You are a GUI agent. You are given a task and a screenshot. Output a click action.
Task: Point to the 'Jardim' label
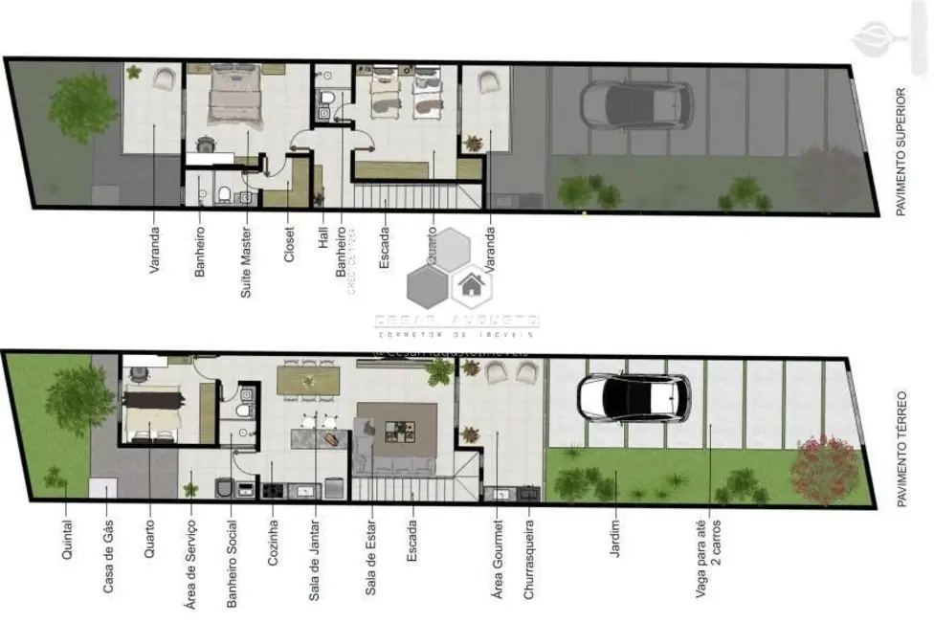[614, 540]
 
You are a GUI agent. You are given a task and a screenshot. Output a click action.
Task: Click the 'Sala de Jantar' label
[313, 562]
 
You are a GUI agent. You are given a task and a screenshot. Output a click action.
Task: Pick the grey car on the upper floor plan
[636, 103]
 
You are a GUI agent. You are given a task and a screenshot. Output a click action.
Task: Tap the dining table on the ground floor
[308, 382]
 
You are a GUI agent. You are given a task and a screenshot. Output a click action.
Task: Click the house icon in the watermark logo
[470, 283]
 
